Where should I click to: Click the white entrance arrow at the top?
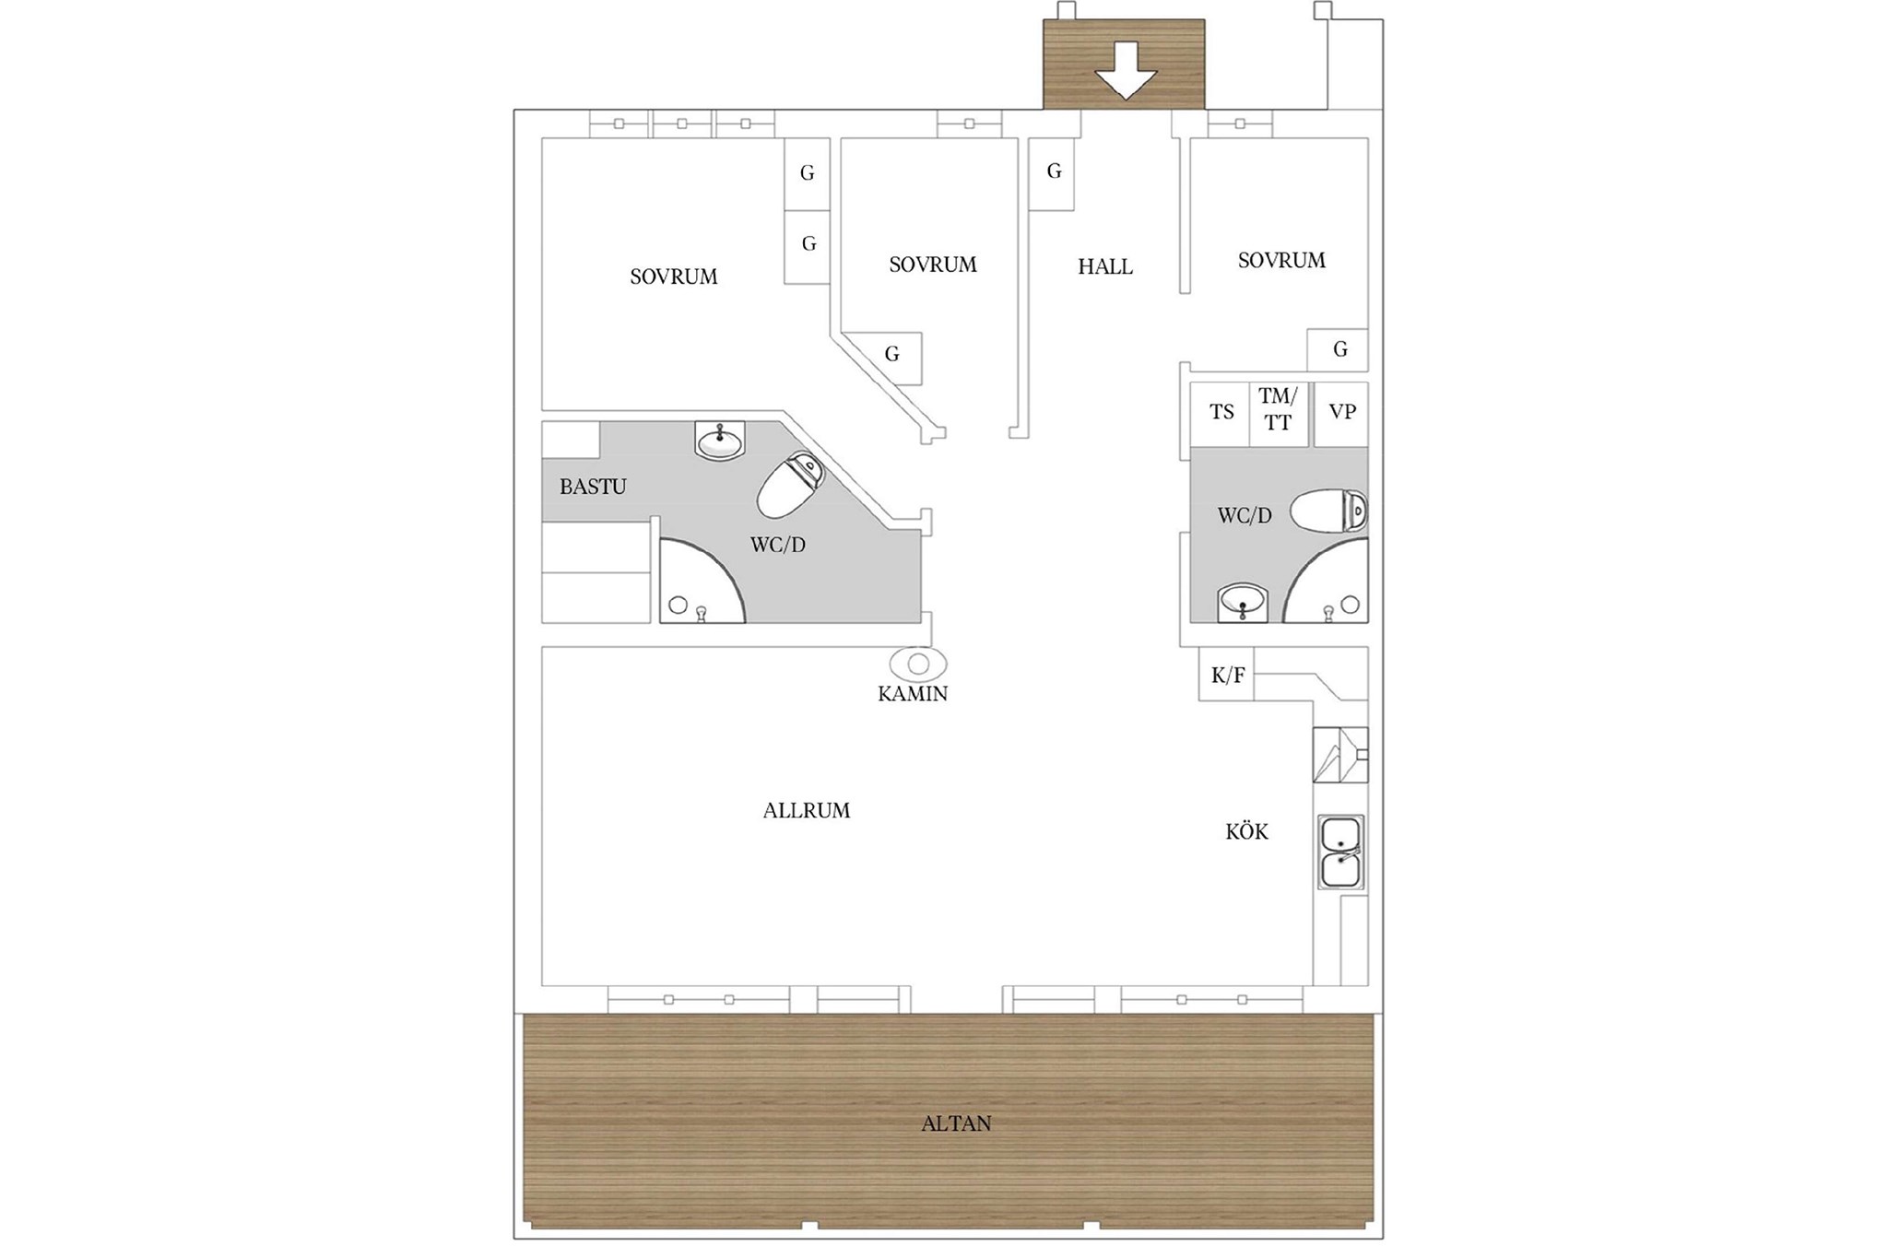pos(1125,71)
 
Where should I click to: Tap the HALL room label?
pos(1105,267)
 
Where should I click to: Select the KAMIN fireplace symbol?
pos(918,664)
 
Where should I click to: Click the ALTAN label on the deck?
pos(956,1123)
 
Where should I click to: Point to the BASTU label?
pos(593,487)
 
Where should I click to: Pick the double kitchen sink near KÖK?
pos(1341,852)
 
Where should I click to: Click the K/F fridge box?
pos(1226,676)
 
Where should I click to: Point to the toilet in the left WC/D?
pos(790,484)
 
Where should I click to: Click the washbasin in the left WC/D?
pos(720,441)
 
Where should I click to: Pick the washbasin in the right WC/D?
pos(1243,604)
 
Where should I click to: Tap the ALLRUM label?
pos(807,811)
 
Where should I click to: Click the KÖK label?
pos(1246,831)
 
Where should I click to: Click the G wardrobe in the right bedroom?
pos(1338,350)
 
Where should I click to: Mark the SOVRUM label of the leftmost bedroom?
pos(674,276)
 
